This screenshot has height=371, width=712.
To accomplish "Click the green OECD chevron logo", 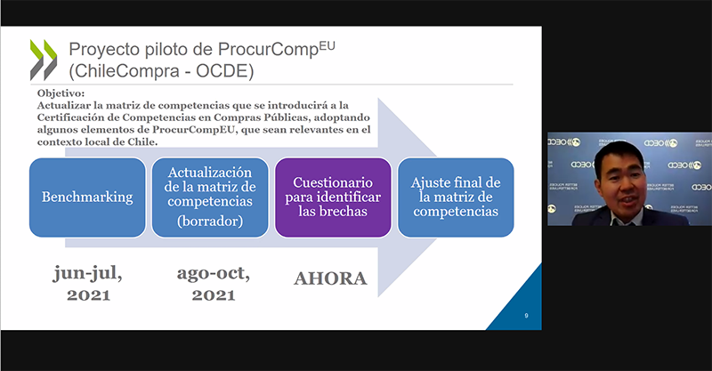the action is point(44,60).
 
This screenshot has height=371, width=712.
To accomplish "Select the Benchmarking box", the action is point(87,198).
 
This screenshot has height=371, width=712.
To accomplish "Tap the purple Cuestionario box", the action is point(333,198).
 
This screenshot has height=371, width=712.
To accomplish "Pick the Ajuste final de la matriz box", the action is point(456,198).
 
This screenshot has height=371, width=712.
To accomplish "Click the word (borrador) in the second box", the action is point(210,222).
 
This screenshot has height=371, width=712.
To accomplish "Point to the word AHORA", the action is point(330,278).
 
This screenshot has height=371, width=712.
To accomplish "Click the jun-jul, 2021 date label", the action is point(88,283).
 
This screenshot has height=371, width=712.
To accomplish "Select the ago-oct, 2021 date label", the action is point(214,283).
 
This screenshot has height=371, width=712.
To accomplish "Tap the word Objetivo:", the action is point(61,93).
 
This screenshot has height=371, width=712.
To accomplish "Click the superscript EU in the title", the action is point(328,45).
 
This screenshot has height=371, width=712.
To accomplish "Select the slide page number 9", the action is point(526,316).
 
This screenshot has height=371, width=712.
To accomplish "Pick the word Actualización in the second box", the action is point(210,173).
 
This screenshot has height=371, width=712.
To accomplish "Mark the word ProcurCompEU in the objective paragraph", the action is point(193,130).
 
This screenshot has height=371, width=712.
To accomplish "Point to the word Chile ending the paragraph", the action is point(143,142).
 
